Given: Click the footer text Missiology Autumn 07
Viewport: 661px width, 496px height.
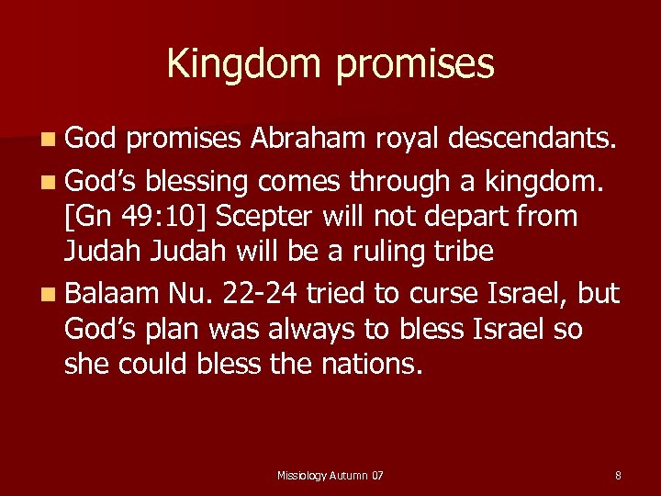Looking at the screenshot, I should [330, 475].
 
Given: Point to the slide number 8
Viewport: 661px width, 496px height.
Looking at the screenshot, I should [618, 475].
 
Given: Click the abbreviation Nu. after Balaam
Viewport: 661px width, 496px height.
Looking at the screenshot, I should [186, 294].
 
